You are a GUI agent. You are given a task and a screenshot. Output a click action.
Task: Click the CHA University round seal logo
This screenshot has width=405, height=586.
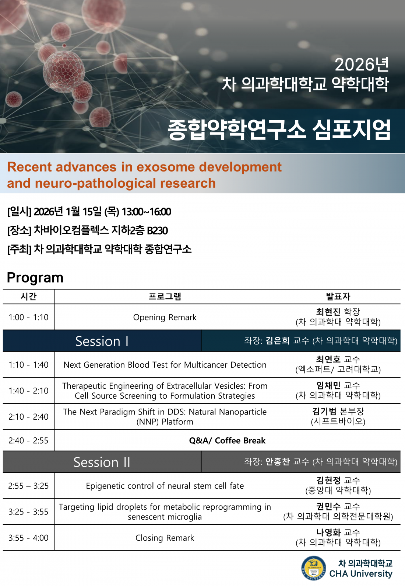313,568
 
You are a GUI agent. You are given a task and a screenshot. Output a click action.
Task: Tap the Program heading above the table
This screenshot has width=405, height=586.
35,278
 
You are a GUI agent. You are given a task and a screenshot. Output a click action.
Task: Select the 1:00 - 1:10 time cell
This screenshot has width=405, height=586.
28,317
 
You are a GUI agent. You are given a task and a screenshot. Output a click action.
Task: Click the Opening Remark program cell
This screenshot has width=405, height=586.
165,317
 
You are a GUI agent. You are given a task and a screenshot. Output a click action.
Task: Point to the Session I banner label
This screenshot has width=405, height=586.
102,341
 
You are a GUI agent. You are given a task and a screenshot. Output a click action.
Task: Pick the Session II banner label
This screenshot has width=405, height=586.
102,462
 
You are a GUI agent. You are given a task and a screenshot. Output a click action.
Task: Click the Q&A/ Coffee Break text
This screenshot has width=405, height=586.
227,441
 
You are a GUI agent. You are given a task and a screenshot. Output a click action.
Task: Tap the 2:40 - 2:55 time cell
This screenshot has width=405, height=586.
28,441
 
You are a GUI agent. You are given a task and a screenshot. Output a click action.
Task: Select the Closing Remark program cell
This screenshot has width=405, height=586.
165,538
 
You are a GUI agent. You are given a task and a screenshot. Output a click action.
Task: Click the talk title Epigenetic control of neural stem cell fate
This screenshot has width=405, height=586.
165,486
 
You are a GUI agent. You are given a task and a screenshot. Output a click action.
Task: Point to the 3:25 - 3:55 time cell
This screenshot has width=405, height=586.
28,512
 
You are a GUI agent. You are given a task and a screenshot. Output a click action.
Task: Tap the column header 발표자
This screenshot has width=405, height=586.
338,297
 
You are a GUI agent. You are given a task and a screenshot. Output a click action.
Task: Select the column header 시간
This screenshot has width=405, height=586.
28,297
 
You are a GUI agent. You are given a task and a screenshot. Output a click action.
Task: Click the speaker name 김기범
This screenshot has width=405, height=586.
324,412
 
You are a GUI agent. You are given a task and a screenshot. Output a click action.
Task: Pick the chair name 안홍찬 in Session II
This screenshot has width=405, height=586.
278,461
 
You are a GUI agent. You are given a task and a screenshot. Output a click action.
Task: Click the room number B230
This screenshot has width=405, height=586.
157,230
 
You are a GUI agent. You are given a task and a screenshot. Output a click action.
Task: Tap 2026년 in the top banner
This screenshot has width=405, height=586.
362,65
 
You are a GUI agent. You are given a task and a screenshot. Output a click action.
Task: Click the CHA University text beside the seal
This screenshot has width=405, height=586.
361,574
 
